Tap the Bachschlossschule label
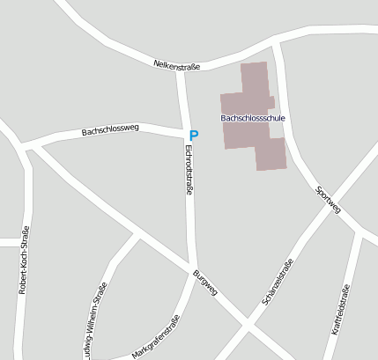(x=254, y=117)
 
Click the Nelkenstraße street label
(x=177, y=65)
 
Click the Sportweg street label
(x=328, y=200)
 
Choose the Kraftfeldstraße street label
(x=341, y=310)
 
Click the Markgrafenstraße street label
(x=155, y=337)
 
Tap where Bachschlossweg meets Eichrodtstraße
(x=184, y=135)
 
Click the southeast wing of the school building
(x=271, y=154)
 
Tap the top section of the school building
(x=253, y=75)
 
